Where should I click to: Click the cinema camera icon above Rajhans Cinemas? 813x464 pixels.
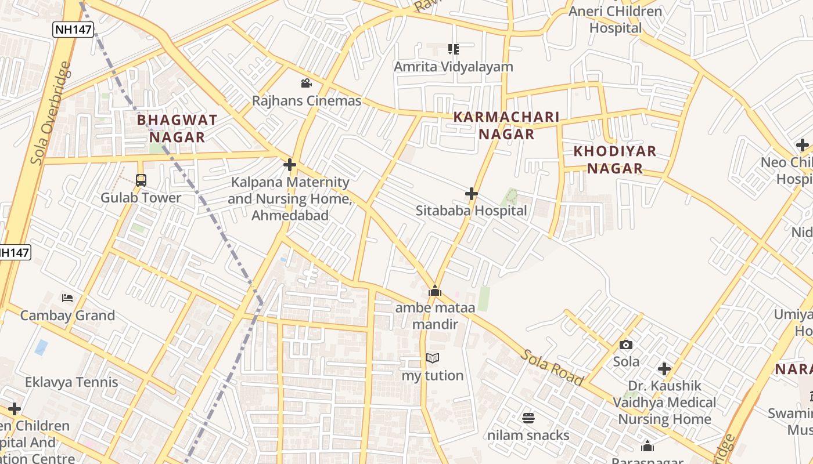coord(306,84)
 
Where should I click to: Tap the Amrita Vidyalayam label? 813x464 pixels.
coord(453,67)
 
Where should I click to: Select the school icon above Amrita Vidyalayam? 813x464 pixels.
coord(453,49)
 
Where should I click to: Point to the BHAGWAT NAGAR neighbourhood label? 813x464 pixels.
coord(177,129)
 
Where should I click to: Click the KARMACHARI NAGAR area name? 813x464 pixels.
coord(506,125)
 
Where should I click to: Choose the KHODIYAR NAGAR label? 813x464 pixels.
coord(614,159)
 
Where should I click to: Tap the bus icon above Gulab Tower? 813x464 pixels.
coord(141,180)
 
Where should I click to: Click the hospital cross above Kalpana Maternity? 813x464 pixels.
coord(290,165)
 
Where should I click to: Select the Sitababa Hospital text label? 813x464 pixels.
coord(471,211)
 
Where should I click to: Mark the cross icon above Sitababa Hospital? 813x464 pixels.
coord(472,193)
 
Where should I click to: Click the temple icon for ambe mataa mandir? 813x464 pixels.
coord(435,291)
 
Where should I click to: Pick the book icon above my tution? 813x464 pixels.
coord(433,358)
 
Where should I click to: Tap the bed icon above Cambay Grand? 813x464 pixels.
coord(67,298)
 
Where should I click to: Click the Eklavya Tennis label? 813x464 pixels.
coord(71,382)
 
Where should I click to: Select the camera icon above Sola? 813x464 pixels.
coord(626,345)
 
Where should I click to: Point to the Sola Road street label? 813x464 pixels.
coord(551,368)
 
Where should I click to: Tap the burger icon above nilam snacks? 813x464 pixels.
coord(528,418)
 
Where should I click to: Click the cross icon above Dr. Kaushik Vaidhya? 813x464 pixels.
coord(664,368)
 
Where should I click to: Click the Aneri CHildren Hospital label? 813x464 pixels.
coord(615,20)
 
